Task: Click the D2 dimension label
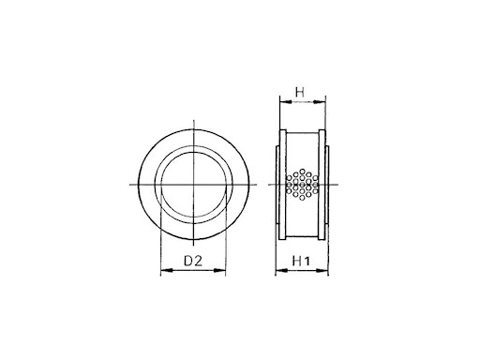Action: point(193,260)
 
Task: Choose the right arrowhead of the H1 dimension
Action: point(329,273)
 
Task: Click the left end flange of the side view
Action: point(279,186)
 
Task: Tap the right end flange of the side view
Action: point(326,186)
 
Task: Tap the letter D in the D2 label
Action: point(187,260)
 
